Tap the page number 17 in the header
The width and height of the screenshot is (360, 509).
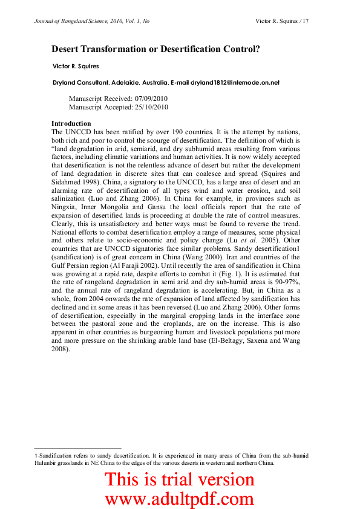(x=306, y=21)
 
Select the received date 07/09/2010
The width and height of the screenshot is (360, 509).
(x=149, y=98)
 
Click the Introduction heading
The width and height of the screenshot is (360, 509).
(x=71, y=123)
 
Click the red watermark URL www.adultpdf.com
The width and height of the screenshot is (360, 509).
(x=180, y=499)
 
